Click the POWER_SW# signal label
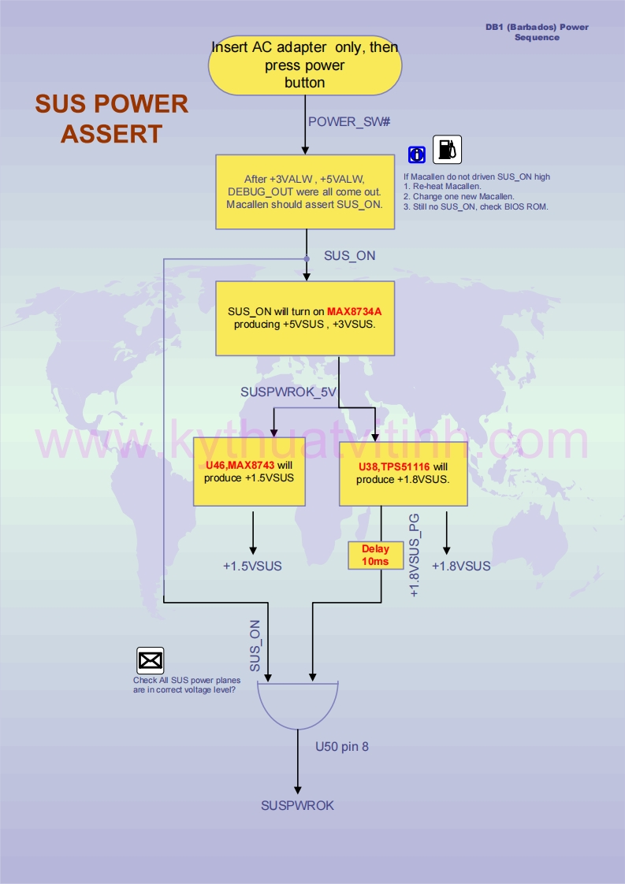pos(349,121)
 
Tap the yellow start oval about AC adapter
pos(305,65)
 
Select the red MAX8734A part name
pos(354,311)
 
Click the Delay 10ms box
pos(375,555)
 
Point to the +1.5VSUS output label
pos(252,566)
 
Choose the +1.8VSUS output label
pos(461,566)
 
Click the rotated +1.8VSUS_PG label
pos(415,556)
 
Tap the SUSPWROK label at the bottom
pos(297,805)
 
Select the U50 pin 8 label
pos(342,746)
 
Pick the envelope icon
pos(150,660)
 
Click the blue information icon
pos(417,154)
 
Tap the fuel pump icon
pos(447,149)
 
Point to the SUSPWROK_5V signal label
pos(288,391)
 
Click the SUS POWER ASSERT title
pos(111,118)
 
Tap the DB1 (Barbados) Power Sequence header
pos(537,32)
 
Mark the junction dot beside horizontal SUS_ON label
pos(307,258)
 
